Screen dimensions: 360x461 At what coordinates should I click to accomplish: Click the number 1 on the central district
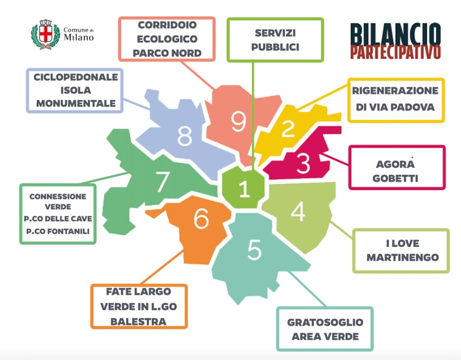(x=244, y=189)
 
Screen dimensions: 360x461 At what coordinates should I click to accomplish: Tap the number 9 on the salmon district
(x=238, y=121)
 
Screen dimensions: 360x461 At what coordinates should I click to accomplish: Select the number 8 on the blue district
(x=185, y=136)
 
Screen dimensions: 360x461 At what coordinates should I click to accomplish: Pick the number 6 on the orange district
(x=201, y=219)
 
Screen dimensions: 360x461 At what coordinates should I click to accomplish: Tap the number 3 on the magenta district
(x=303, y=164)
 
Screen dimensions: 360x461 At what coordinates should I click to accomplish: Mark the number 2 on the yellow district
(x=288, y=129)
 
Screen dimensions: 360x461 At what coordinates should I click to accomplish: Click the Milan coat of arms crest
(x=45, y=35)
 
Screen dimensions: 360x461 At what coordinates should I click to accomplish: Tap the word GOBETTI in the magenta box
(x=398, y=178)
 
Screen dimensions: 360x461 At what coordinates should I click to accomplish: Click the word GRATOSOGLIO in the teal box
(x=325, y=323)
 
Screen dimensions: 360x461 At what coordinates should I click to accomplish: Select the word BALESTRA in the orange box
(x=138, y=322)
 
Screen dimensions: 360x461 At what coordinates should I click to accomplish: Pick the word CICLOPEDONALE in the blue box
(x=76, y=77)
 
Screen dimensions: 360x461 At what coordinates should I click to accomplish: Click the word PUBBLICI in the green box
(x=275, y=47)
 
